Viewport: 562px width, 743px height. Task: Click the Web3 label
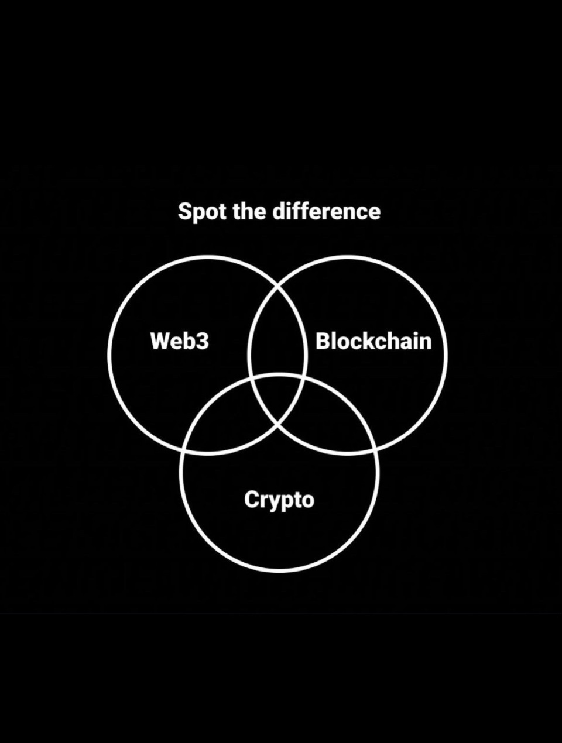click(x=179, y=341)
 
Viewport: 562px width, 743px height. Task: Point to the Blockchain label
click(x=373, y=341)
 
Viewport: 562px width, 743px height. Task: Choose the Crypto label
click(x=279, y=500)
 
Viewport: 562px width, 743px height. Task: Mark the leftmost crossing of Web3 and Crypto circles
click(x=183, y=451)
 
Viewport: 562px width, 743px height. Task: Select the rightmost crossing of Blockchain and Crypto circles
click(x=375, y=451)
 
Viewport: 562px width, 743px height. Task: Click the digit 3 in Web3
click(x=202, y=341)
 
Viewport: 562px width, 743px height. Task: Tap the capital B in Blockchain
click(x=323, y=341)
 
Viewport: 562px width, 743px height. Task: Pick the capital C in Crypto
click(x=251, y=500)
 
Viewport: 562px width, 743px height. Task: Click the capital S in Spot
click(x=184, y=212)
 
